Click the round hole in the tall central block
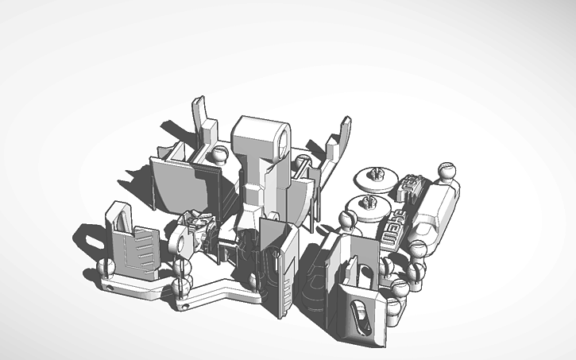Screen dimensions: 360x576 pos(281,141)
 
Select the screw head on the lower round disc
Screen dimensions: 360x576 pos(365,200)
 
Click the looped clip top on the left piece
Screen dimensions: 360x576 pos(118,214)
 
